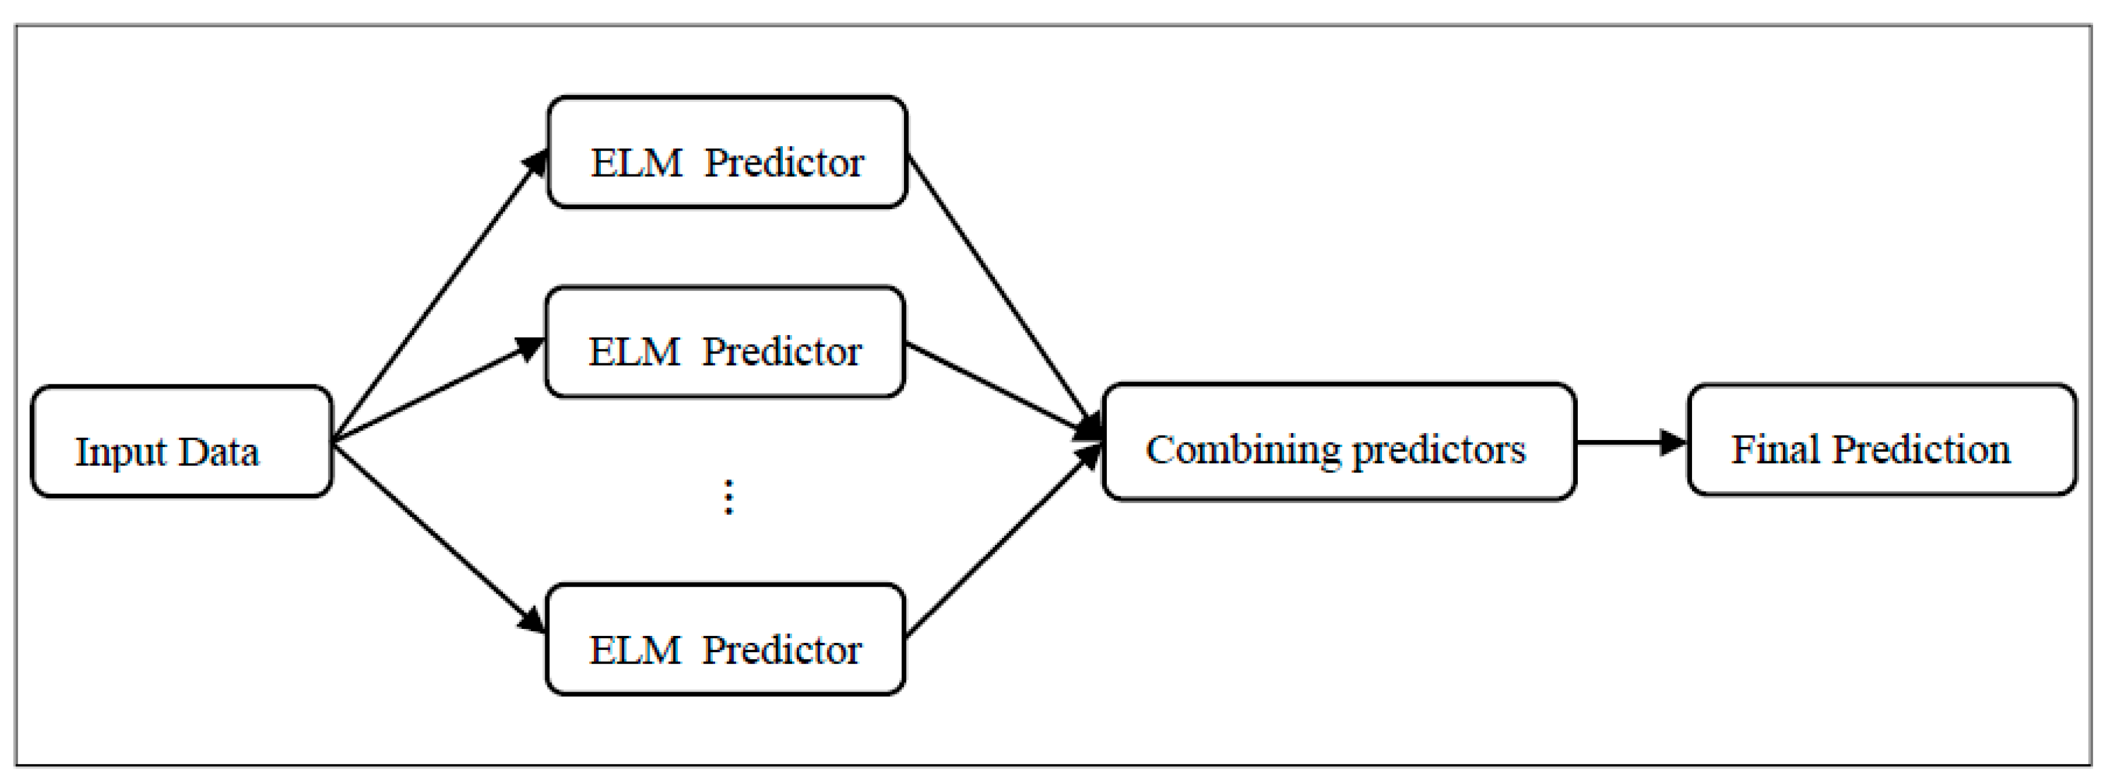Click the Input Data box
pos(181,441)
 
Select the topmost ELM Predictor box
pos(726,152)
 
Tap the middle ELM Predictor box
pos(724,341)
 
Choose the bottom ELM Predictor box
pos(724,639)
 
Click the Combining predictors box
pos(1339,441)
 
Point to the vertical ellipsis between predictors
pos(728,497)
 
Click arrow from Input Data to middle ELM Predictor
pos(437,391)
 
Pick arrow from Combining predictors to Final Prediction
pos(1629,442)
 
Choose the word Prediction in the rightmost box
pos(1921,449)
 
